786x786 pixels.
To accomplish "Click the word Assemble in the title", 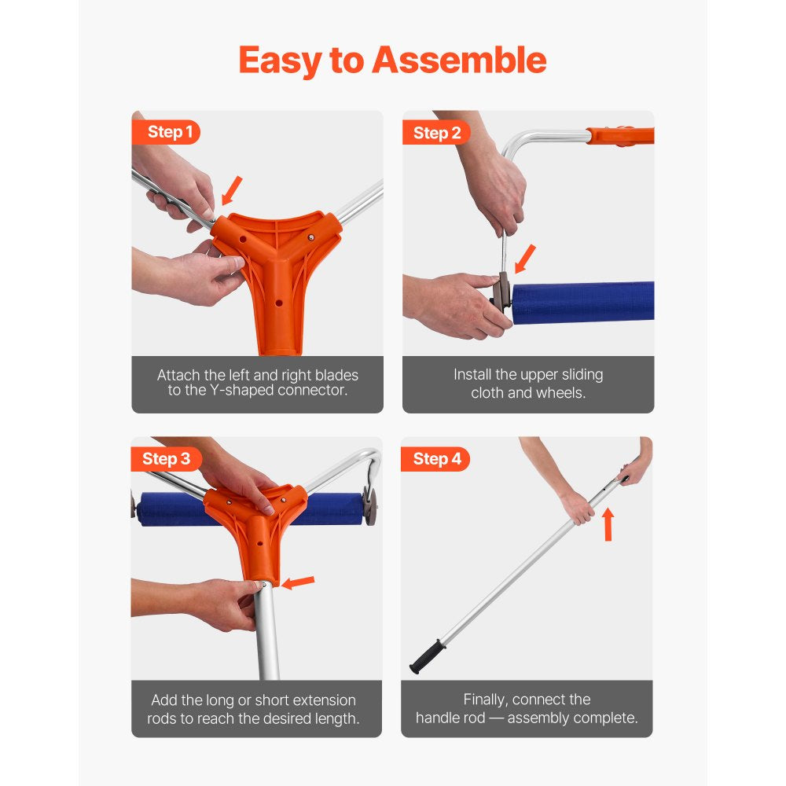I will point(458,61).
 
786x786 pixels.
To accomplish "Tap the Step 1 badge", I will point(170,132).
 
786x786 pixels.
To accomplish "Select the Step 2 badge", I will point(437,133).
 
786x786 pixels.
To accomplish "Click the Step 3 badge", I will point(167,459).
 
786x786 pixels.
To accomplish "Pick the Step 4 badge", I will point(437,459).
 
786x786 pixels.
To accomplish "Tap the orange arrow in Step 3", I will point(298,582).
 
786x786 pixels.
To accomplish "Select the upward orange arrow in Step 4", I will point(608,523).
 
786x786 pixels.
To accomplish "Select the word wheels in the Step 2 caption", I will point(560,392).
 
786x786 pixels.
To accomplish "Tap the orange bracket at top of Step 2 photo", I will point(621,136).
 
